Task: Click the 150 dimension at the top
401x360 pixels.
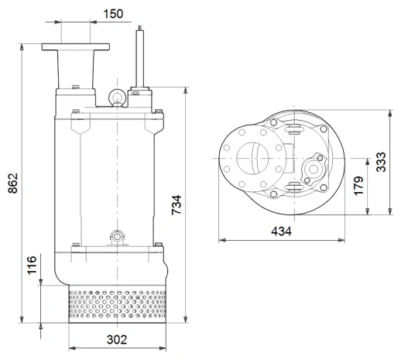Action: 114,15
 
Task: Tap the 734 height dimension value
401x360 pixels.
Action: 177,204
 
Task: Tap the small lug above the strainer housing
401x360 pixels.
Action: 116,235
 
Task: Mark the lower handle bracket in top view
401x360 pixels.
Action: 293,187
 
